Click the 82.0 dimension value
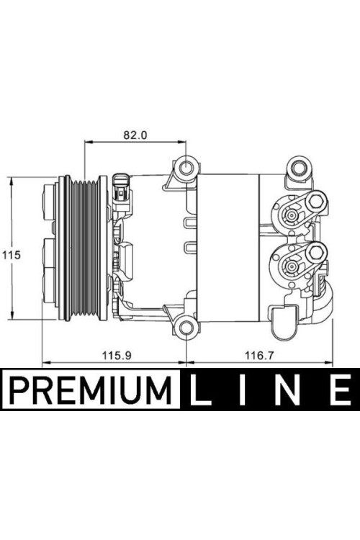click(135, 135)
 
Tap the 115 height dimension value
click(12, 255)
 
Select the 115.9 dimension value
click(117, 355)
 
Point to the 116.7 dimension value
click(259, 355)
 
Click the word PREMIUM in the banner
click(91, 390)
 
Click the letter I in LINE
click(243, 390)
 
